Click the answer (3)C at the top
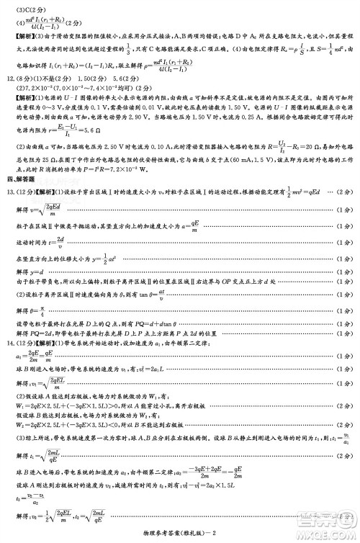pos(21,9)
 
